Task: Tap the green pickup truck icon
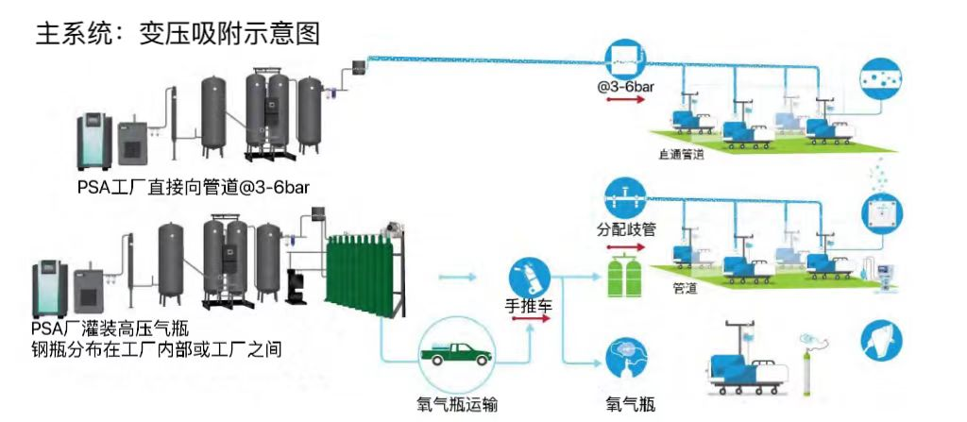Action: [457, 353]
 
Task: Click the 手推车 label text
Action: [529, 307]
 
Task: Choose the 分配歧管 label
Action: [624, 230]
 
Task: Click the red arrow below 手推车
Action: [530, 320]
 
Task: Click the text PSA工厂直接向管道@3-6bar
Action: [194, 187]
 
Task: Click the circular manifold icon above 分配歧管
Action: [624, 196]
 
